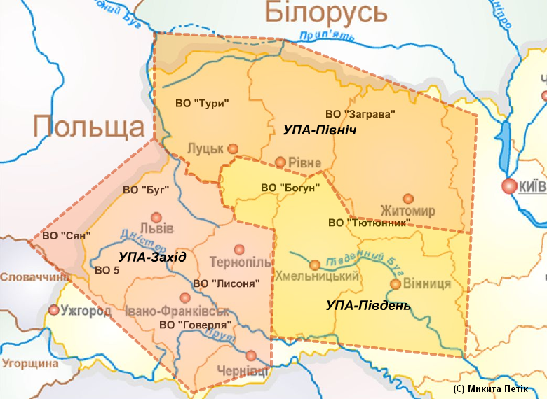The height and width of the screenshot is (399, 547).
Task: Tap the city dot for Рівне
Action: (x=281, y=162)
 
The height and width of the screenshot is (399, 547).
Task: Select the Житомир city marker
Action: (x=407, y=198)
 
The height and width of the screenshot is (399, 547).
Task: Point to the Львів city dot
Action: (x=156, y=218)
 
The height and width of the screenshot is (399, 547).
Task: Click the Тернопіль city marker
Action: (x=239, y=248)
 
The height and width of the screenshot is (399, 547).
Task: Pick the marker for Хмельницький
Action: (x=316, y=265)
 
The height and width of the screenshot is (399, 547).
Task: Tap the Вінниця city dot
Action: (x=396, y=284)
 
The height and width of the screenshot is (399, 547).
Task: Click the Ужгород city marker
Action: (x=53, y=309)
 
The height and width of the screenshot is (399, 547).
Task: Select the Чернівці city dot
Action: (x=251, y=355)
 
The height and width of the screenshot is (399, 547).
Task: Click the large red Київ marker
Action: (x=508, y=185)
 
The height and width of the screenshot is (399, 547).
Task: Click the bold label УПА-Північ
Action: (x=320, y=130)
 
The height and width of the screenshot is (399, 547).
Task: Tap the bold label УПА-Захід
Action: (x=152, y=257)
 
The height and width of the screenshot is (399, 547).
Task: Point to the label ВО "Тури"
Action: (x=202, y=103)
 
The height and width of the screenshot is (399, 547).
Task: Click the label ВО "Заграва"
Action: (x=361, y=113)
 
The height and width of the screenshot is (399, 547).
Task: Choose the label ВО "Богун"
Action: (x=290, y=187)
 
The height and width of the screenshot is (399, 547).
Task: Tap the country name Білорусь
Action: (x=326, y=13)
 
